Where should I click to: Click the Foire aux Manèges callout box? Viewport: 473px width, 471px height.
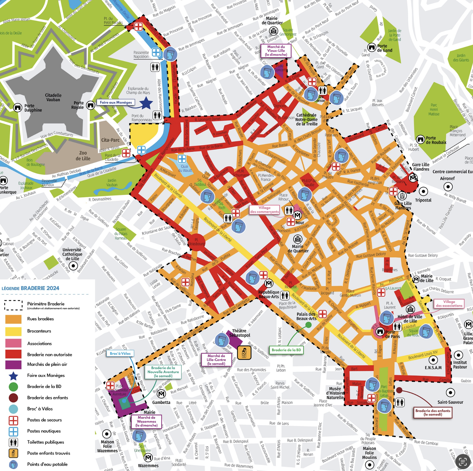116,102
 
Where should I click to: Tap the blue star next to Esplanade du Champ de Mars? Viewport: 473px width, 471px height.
146,103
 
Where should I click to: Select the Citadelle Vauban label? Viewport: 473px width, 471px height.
53,97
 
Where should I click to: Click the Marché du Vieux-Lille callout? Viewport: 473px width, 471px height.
276,51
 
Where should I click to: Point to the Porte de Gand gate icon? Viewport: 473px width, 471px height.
372,47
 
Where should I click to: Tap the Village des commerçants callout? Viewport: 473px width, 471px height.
264,210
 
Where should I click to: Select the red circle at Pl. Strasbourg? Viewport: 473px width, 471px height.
197,243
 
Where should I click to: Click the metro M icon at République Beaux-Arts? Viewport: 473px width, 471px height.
269,283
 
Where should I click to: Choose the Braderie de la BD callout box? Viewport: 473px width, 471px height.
286,350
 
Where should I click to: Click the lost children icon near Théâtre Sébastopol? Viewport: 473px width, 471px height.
244,352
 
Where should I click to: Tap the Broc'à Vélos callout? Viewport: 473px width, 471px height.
120,353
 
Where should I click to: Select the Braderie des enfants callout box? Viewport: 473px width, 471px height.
432,412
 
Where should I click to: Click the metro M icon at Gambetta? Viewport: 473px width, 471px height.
161,394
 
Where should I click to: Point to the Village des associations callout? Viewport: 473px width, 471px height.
449,304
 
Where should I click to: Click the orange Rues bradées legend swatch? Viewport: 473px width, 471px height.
13,319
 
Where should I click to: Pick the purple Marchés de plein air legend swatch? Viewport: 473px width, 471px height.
13,364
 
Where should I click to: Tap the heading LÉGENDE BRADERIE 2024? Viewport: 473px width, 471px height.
31,288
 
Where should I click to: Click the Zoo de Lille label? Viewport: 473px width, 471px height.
83,156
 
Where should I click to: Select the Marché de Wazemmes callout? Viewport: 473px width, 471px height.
146,421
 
